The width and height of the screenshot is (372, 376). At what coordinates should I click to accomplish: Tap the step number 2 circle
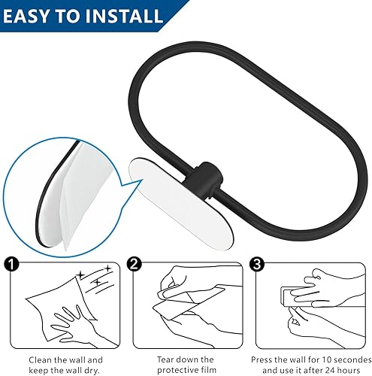pos(133,264)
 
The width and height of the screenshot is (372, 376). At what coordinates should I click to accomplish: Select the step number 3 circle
pos(257,264)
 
